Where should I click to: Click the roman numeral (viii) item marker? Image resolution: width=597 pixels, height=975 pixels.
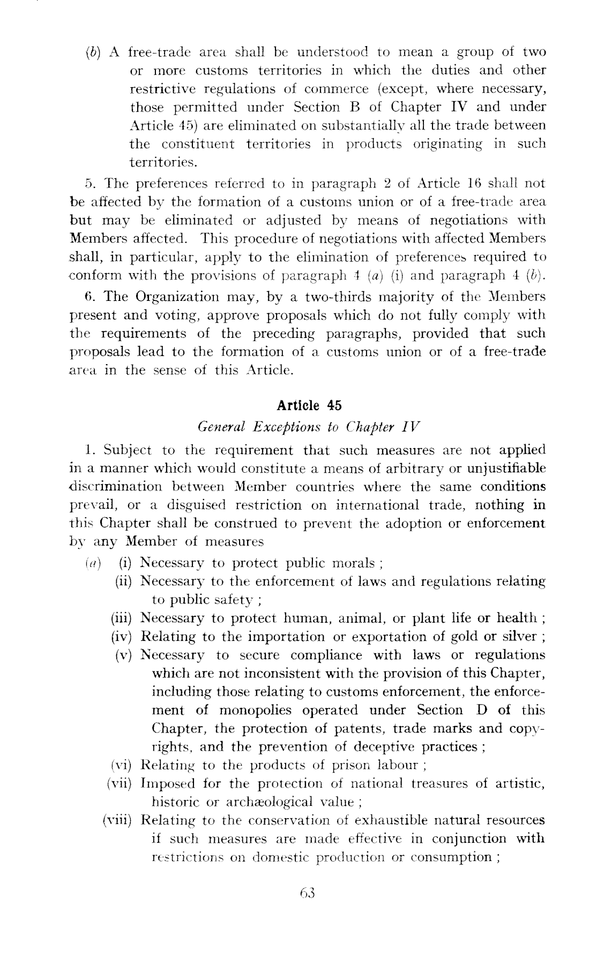tap(120, 820)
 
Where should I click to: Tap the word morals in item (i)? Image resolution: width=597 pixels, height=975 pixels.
tap(353, 563)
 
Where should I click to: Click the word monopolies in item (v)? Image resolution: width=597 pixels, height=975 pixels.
tap(256, 711)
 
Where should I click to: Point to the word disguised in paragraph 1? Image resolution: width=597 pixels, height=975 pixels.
tap(197, 505)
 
